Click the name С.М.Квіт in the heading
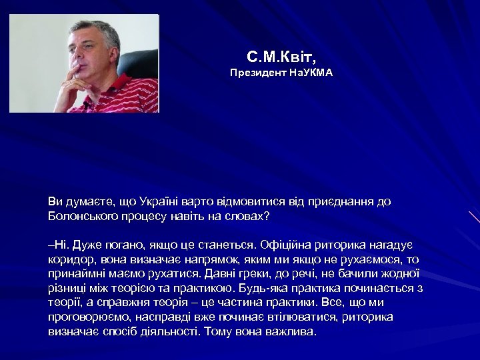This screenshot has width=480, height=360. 281,56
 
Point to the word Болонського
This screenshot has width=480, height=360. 81,216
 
